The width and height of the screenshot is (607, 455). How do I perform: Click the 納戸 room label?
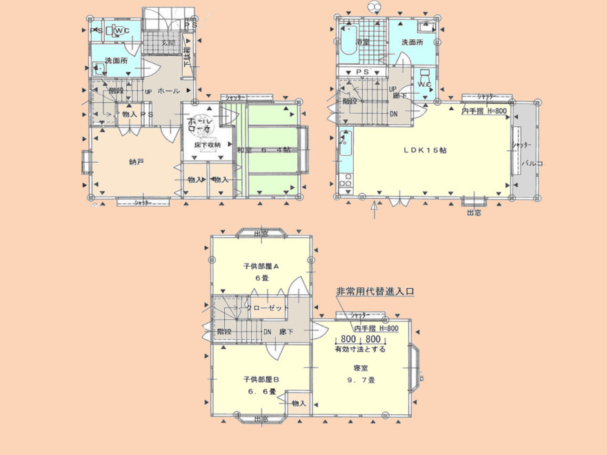coord(137,162)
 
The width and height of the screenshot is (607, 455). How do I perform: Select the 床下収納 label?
coord(207,145)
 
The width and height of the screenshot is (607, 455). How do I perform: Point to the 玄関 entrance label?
coord(168,43)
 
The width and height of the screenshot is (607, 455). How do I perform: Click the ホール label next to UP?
coord(169,91)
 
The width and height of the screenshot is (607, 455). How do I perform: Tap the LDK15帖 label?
coord(424,150)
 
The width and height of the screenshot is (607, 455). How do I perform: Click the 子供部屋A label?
coord(261,265)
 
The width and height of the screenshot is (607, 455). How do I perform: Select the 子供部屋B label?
coord(261,379)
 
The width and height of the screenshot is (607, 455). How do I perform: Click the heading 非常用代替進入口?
coord(375,292)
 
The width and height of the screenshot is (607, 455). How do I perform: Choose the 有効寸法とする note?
coord(360,350)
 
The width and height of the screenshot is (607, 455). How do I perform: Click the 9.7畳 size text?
coord(361,380)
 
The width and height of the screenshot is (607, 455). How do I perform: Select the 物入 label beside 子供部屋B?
coord(299,403)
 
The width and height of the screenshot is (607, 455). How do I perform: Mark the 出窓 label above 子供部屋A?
coord(261,234)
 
